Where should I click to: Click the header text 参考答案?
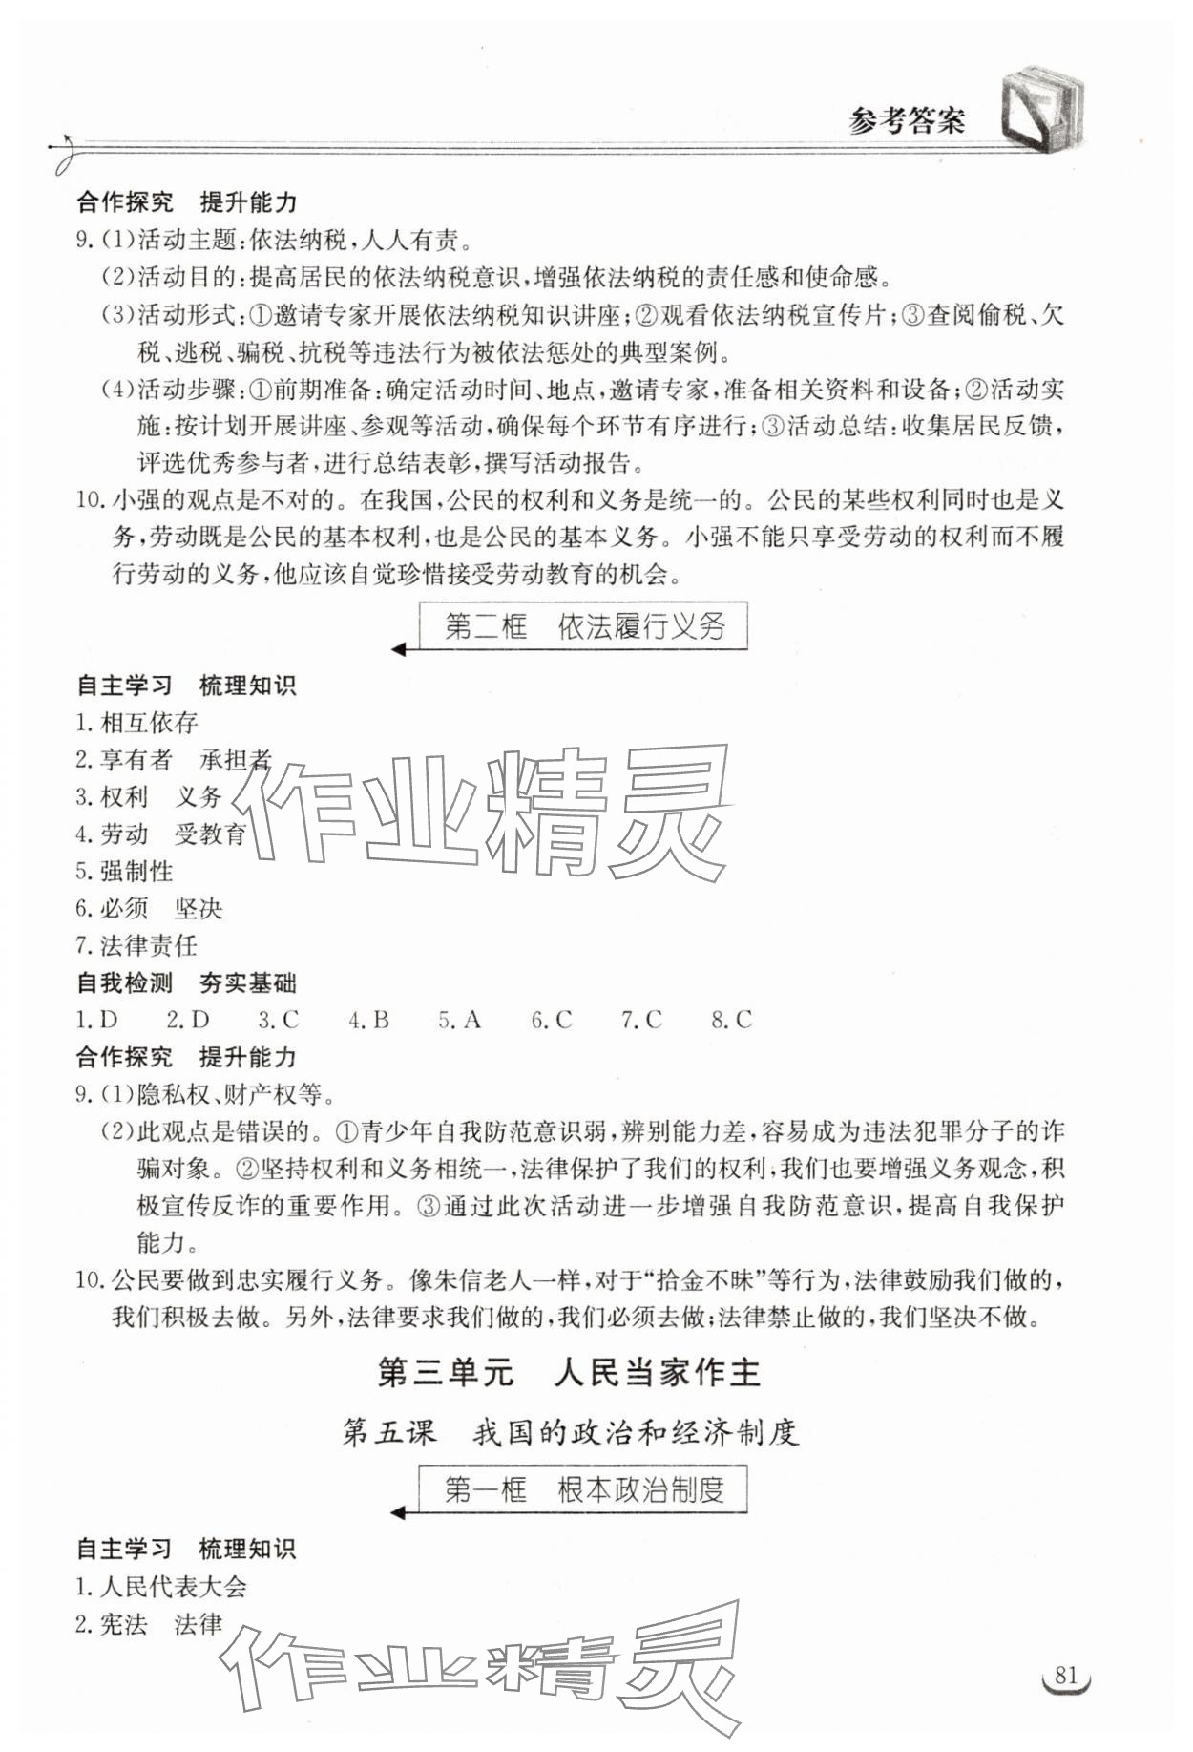[x=906, y=121]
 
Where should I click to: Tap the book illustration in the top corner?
[x=1042, y=109]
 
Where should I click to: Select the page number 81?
[x=1065, y=1676]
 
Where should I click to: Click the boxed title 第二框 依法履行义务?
[x=583, y=626]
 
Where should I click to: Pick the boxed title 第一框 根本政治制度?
[x=583, y=1489]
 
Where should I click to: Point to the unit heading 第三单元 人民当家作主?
[x=569, y=1373]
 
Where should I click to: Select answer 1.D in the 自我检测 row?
[x=96, y=1020]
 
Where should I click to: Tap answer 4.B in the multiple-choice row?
[x=368, y=1020]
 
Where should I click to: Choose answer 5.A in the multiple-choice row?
[x=459, y=1020]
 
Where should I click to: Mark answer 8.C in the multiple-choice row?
[x=731, y=1020]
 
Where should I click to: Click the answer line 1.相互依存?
[x=136, y=723]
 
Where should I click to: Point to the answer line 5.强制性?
[x=124, y=871]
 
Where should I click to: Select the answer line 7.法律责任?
[x=136, y=945]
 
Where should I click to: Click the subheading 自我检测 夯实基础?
[x=186, y=982]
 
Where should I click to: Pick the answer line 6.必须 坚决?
[x=149, y=908]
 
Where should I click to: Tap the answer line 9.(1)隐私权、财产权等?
[x=205, y=1094]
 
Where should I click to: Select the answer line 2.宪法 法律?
[x=149, y=1624]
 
